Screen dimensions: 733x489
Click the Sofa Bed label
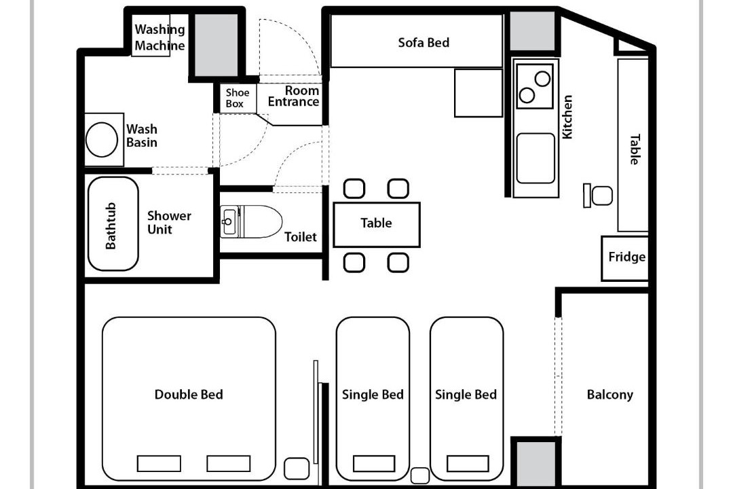(x=424, y=43)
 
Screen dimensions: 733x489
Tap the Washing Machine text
(x=160, y=37)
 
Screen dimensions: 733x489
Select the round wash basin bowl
(x=102, y=139)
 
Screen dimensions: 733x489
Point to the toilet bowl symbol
(x=252, y=221)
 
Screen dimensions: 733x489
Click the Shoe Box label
(x=238, y=98)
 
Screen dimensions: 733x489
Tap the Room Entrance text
(x=294, y=96)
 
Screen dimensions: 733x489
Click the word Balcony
(x=610, y=395)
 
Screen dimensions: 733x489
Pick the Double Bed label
(x=189, y=395)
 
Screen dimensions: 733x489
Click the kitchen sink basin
(x=535, y=158)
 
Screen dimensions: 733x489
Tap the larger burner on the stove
(x=543, y=79)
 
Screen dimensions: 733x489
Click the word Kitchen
(x=567, y=117)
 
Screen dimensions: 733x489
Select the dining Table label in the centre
(x=376, y=223)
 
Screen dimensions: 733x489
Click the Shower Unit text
(x=169, y=222)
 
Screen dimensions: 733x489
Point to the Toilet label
(x=301, y=237)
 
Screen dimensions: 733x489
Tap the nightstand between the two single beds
(x=420, y=475)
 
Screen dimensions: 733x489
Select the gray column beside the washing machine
(x=217, y=44)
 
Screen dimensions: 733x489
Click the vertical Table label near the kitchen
(x=635, y=149)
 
